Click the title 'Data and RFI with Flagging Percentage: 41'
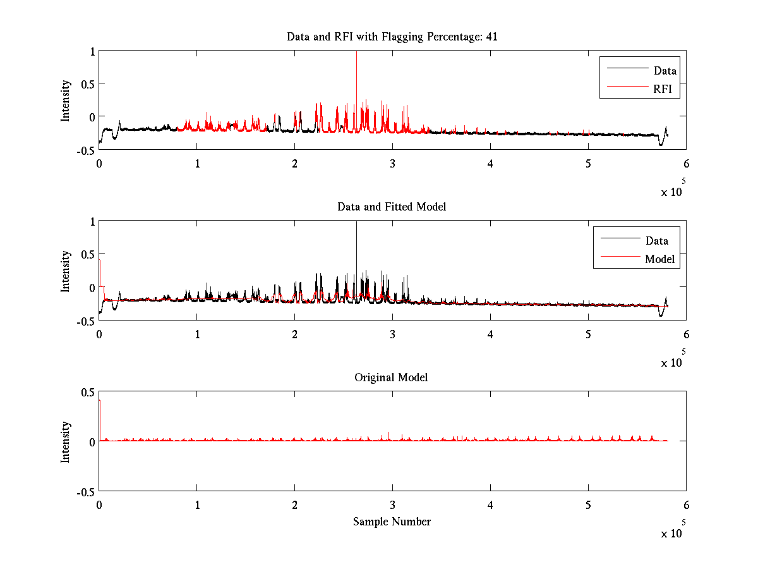392,37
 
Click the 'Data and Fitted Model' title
392,207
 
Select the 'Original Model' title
391,377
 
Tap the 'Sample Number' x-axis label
392,522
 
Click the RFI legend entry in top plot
666,90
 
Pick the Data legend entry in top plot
665,71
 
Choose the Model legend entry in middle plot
659,259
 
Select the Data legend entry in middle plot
656,241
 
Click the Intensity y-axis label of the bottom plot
66,442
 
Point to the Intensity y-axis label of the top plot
66,101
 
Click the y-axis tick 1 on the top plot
92,52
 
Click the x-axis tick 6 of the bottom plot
686,505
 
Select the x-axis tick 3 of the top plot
392,164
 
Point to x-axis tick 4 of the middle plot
490,334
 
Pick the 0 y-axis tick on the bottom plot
92,442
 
